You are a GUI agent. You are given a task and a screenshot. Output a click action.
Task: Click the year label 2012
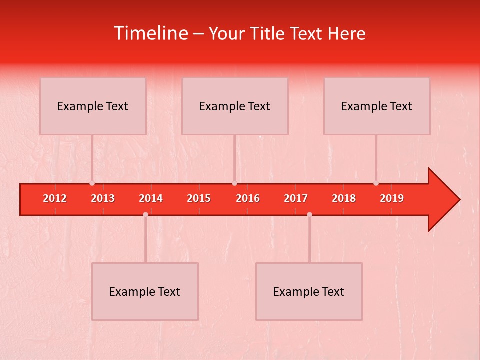coord(55,198)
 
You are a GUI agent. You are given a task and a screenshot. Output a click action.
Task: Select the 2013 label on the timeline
coord(103,198)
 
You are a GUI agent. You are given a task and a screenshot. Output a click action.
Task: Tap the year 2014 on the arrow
coord(151,198)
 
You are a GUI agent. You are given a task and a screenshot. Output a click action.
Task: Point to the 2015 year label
coord(199,198)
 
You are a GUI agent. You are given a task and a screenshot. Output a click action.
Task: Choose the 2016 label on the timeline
coord(248,198)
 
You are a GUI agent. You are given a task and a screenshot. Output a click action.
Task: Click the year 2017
coord(296,198)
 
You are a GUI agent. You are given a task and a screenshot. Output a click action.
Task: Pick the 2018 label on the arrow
coord(344,198)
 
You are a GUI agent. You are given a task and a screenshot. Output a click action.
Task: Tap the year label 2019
coord(392,198)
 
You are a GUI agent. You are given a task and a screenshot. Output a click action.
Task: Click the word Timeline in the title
coord(150,33)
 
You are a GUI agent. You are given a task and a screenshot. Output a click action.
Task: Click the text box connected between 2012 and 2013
coord(93,106)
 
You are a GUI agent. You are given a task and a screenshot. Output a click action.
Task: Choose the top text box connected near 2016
coord(235,106)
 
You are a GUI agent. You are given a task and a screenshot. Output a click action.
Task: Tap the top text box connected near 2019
coord(377,106)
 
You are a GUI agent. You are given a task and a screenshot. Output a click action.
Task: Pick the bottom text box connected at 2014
coord(145,292)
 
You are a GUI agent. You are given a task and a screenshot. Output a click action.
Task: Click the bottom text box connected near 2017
coord(309,292)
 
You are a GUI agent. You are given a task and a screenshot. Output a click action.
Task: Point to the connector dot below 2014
coord(145,214)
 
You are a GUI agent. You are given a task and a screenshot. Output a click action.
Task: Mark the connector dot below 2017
coord(309,214)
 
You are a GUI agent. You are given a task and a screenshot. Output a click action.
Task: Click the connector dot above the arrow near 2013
coord(92,183)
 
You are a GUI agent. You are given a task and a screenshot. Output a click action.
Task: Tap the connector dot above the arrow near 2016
coord(234,183)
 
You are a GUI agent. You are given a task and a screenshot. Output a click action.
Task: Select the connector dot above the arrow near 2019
coord(376,183)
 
